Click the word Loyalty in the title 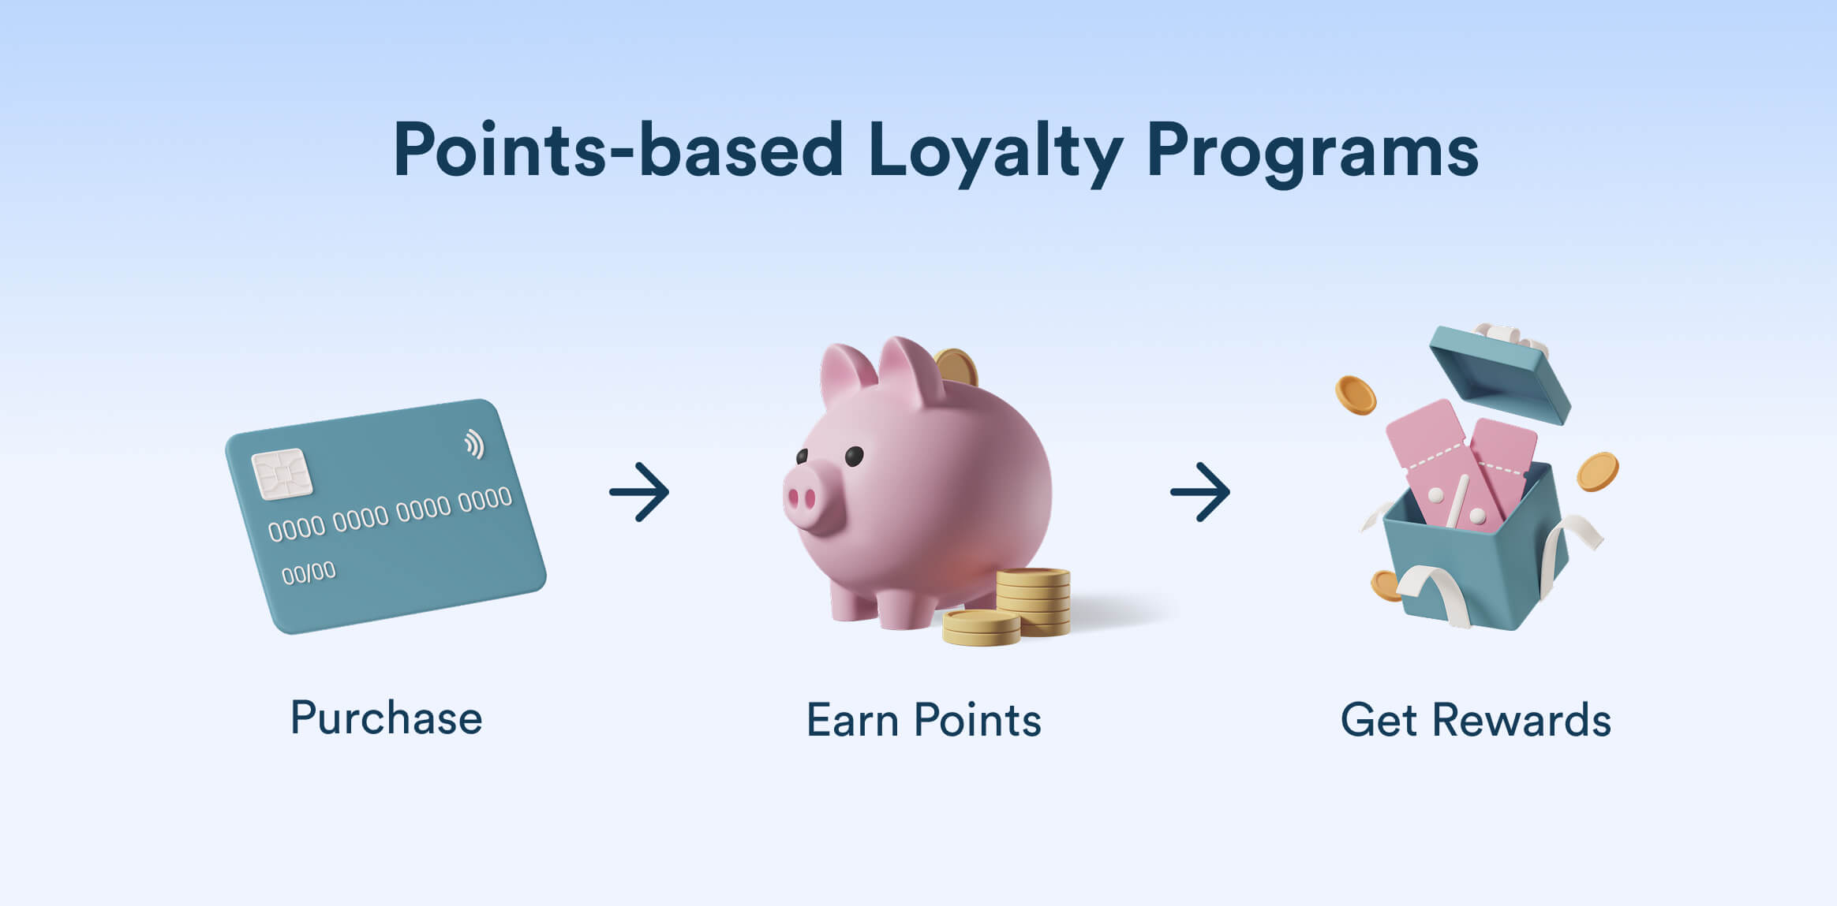995,153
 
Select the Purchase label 386,718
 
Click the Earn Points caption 924,720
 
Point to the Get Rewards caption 1476,720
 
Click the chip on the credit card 282,474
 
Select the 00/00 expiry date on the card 309,572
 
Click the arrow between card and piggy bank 639,492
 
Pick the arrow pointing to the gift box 1200,492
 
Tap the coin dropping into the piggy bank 956,367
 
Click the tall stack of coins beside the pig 1034,600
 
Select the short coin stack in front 982,627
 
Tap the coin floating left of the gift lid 1355,395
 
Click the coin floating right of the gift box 1597,472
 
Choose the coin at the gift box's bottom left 1386,585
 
